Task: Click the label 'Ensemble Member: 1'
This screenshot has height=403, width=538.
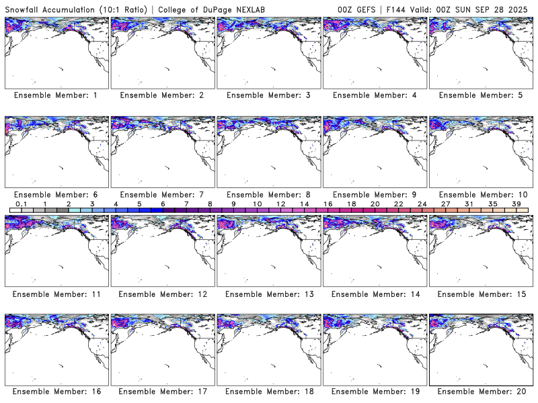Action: coord(56,95)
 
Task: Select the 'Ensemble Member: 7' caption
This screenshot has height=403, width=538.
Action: coord(162,195)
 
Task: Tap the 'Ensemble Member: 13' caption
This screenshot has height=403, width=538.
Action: coord(268,294)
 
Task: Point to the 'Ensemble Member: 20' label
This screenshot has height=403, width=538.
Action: coord(481,392)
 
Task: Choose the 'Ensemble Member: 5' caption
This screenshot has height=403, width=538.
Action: coord(481,95)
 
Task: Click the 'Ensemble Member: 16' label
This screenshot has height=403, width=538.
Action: coord(56,392)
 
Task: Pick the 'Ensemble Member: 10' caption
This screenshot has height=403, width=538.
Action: coord(481,195)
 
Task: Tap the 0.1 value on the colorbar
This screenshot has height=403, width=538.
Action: coord(21,204)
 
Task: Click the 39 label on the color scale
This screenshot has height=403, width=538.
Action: coord(516,204)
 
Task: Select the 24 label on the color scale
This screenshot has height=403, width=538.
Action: coord(422,204)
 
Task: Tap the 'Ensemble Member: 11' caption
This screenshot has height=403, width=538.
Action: coord(56,294)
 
